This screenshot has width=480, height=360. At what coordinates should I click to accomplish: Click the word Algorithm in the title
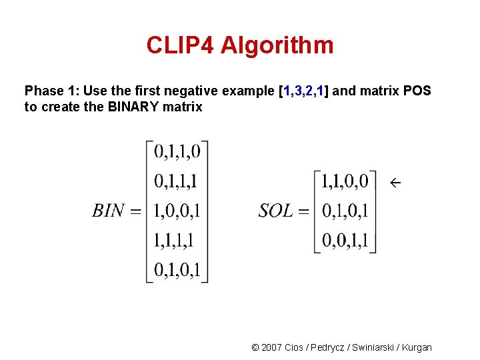tap(277, 45)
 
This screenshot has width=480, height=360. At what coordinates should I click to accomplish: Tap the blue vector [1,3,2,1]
tap(303, 91)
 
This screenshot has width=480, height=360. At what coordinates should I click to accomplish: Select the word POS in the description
tap(417, 91)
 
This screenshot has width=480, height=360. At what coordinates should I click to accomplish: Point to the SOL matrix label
tap(276, 211)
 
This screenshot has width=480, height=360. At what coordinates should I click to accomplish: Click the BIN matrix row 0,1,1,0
tap(177, 152)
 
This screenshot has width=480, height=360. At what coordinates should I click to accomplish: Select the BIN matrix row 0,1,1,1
tap(177, 181)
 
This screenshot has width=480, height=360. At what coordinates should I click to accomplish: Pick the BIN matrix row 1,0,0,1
tap(177, 211)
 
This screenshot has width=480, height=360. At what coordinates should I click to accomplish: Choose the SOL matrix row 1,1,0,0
tap(345, 181)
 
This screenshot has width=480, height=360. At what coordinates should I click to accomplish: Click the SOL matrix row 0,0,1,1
tap(345, 240)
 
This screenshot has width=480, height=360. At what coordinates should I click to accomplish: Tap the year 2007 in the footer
tap(271, 347)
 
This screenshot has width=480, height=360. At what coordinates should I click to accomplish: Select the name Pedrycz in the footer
tap(325, 347)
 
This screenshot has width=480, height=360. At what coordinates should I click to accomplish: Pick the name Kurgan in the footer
tap(417, 347)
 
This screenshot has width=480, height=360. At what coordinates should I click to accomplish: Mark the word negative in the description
tap(203, 91)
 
